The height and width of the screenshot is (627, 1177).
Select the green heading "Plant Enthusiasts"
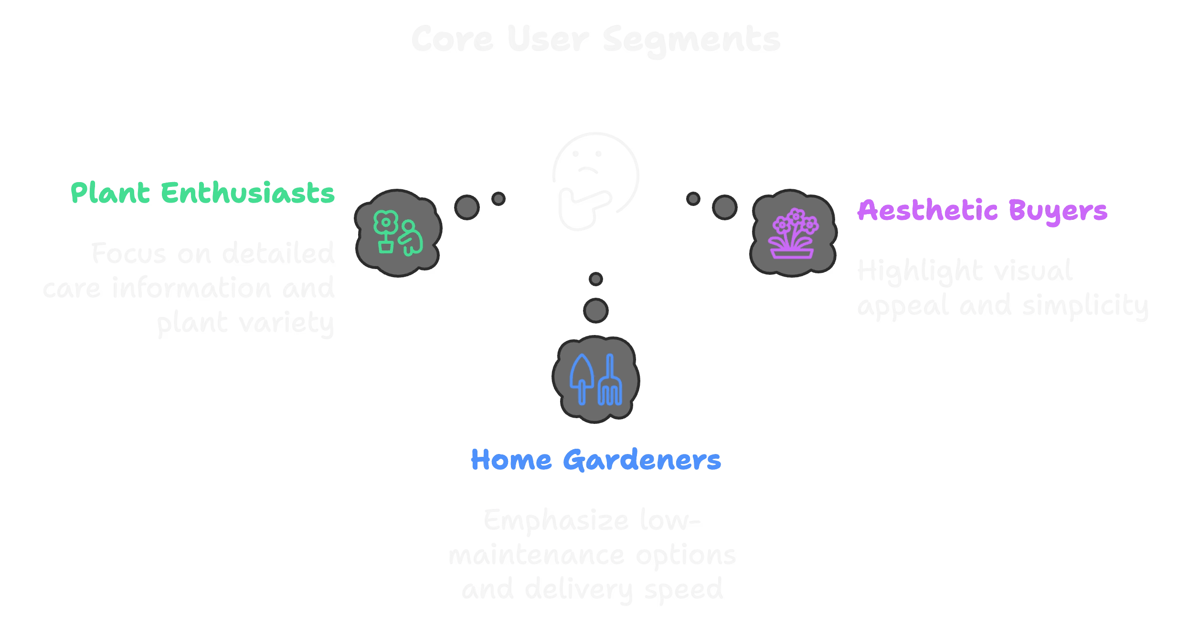[x=202, y=193]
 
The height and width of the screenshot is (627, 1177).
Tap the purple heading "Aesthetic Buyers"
[x=982, y=210]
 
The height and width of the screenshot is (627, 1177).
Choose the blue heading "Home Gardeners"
[x=595, y=460]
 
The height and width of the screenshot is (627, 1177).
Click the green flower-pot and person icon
[x=398, y=233]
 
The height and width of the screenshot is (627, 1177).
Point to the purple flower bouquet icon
[x=793, y=234]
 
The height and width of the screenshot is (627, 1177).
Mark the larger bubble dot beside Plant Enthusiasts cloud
[x=467, y=207]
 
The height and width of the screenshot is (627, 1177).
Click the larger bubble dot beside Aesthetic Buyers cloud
[x=724, y=207]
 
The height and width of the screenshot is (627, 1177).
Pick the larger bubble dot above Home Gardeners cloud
[x=595, y=310]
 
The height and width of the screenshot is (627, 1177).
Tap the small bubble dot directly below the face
[x=595, y=279]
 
